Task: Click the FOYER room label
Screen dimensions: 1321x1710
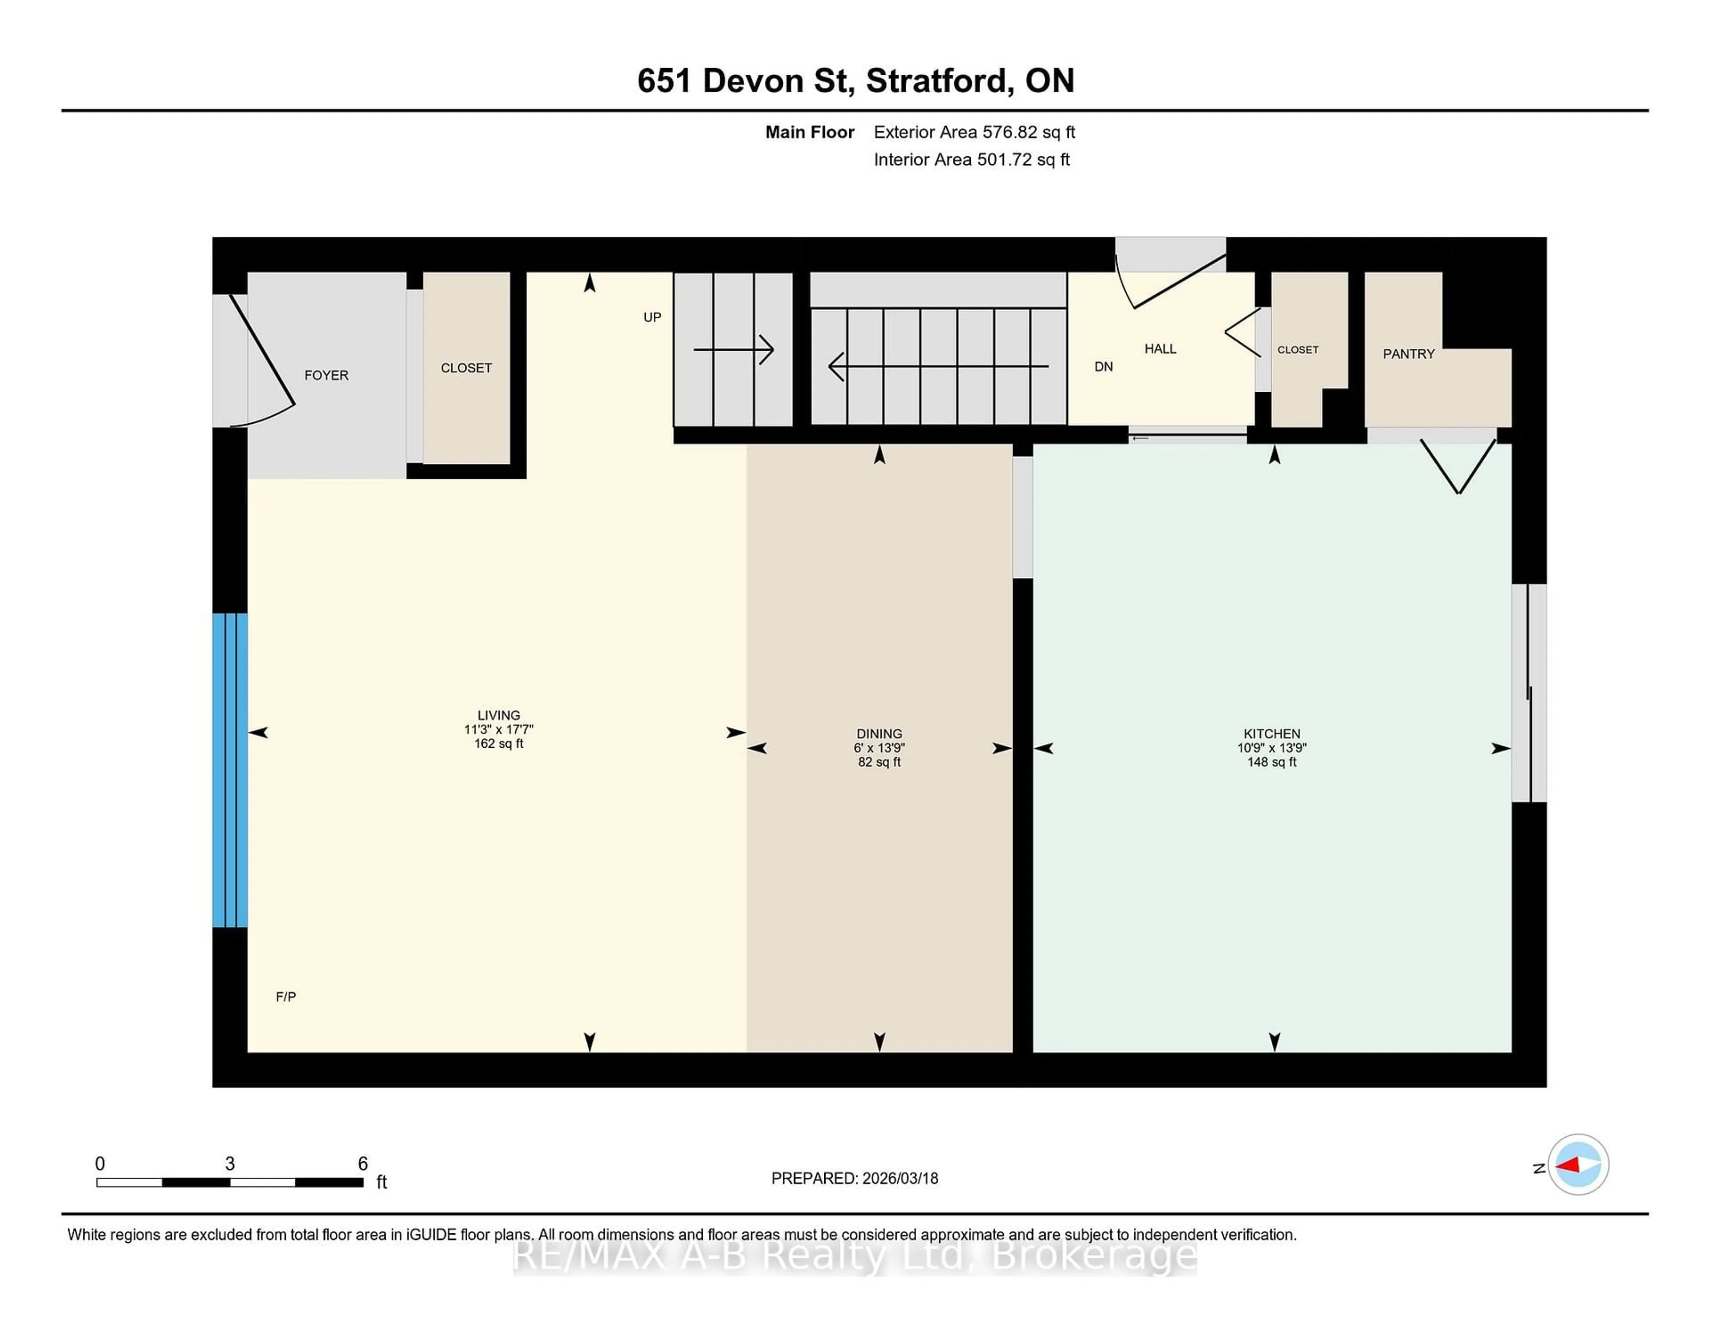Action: (x=326, y=376)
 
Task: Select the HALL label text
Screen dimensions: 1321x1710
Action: (x=1160, y=349)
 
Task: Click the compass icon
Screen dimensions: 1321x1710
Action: (x=1578, y=1164)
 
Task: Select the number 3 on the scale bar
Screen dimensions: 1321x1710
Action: (x=229, y=1164)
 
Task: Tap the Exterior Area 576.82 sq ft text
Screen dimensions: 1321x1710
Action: (x=974, y=132)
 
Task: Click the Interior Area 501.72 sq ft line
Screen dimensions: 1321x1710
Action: (x=971, y=160)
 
